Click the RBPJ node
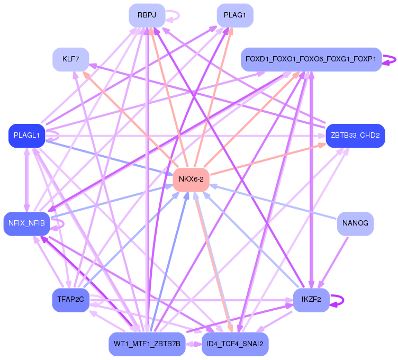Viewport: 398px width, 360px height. [147, 15]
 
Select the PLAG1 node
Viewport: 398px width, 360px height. [235, 15]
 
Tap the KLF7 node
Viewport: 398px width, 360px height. [70, 59]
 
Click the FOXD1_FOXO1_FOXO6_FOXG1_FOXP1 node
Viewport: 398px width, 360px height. [311, 59]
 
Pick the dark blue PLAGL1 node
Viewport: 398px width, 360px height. [26, 136]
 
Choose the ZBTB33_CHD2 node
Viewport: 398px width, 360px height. [355, 136]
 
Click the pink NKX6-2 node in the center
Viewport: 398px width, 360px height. [191, 179]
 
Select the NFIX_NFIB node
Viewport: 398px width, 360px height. [26, 223]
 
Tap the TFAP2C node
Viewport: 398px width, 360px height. [70, 300]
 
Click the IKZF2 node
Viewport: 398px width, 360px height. [311, 300]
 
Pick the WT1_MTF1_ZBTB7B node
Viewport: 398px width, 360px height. [147, 344]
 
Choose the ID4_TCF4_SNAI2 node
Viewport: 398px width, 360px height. [235, 344]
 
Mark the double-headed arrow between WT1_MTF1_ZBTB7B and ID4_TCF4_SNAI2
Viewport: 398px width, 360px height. [193, 344]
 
